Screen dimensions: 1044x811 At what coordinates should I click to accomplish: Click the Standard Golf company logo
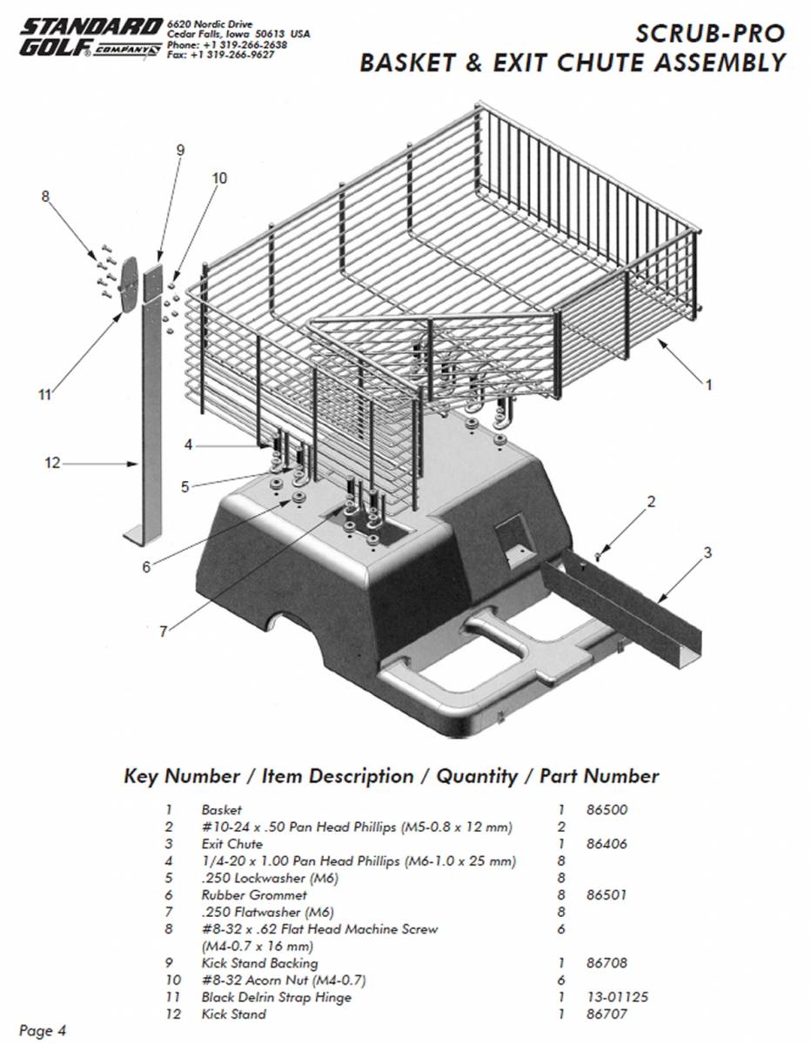point(90,40)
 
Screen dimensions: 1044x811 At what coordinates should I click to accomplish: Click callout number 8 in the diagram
point(46,197)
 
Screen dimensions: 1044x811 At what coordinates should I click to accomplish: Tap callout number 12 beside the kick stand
point(52,463)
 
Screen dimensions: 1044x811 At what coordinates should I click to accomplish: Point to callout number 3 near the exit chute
point(707,552)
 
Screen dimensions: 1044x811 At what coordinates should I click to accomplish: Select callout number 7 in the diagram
point(163,632)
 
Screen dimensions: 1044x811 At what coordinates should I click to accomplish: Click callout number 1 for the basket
point(708,384)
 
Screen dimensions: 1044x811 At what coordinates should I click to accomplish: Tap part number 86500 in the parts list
point(607,810)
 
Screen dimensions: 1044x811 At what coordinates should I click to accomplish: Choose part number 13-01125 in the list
point(617,997)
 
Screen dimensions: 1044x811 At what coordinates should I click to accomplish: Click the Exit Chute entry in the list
point(231,844)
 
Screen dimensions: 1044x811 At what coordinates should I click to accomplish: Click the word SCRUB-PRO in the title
point(710,34)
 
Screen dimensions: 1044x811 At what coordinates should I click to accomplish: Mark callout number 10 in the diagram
point(218,178)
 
